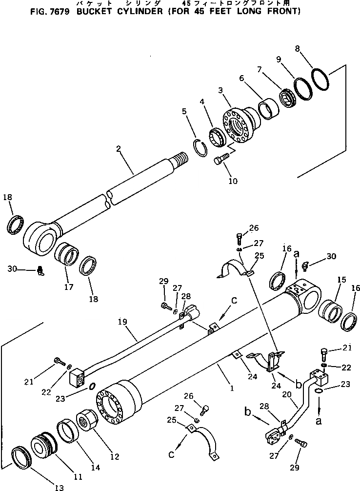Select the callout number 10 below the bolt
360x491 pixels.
[x=233, y=181]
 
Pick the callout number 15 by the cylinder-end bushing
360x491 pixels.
[x=341, y=280]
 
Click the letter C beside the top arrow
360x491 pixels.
[x=234, y=301]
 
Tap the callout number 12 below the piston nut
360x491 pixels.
[x=115, y=457]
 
